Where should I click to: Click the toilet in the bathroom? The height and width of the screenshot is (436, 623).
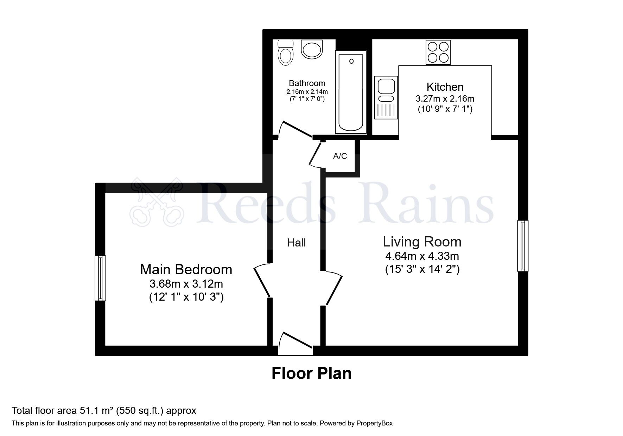point(285,52)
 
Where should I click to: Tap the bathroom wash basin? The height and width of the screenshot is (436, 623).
point(312,49)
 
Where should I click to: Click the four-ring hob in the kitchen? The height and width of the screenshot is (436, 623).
point(438,52)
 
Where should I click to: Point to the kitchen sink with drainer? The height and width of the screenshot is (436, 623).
point(386,97)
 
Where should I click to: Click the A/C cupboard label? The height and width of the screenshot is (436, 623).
point(340,156)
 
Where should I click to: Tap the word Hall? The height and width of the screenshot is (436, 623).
point(296,243)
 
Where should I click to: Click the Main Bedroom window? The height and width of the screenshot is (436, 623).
point(101,278)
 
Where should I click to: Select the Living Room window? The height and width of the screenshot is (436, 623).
point(523,246)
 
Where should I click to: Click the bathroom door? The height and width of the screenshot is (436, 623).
point(295,129)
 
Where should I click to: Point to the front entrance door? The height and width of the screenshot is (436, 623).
point(295,343)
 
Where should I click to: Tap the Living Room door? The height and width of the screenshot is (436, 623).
point(333,288)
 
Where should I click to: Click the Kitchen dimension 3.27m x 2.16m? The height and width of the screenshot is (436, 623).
point(445,98)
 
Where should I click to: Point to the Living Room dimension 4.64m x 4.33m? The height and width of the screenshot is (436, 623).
point(422,256)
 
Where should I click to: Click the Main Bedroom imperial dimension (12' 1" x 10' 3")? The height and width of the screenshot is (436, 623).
point(186,297)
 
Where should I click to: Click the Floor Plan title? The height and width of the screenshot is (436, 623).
point(311,373)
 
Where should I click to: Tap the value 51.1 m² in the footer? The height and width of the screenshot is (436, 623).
point(95,410)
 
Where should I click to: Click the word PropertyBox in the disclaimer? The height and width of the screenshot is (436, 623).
point(374,423)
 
